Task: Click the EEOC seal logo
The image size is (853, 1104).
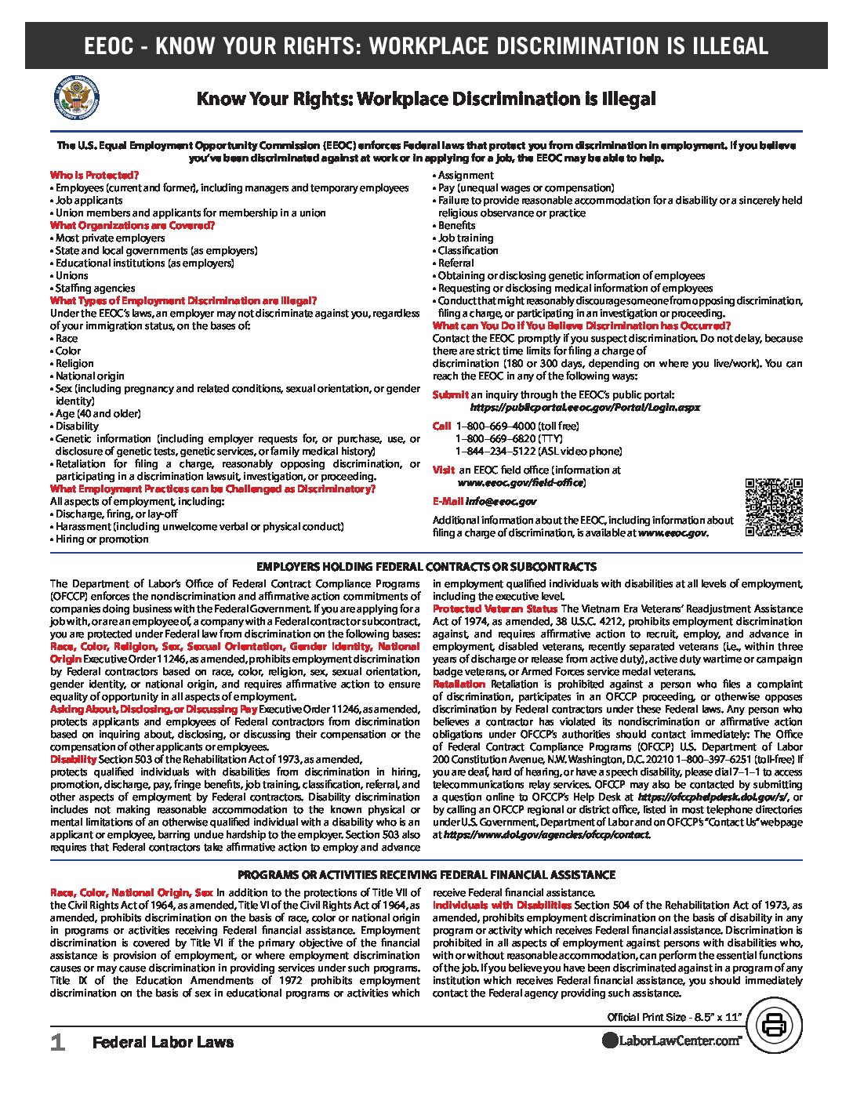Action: (x=76, y=100)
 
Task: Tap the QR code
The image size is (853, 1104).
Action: (x=773, y=507)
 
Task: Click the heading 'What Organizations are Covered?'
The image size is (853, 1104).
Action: (x=132, y=225)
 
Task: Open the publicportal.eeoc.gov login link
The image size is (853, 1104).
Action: (x=585, y=407)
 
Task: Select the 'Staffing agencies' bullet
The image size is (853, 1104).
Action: (x=95, y=288)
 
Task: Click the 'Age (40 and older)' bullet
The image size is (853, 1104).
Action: (x=98, y=413)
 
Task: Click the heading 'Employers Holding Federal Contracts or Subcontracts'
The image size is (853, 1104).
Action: (x=426, y=566)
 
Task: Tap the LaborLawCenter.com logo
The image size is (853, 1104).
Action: (x=672, y=1040)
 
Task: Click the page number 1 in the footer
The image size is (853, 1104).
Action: (x=56, y=1042)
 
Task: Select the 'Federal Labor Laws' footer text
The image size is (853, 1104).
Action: (x=163, y=1042)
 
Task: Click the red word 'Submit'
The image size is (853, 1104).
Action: (x=450, y=394)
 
